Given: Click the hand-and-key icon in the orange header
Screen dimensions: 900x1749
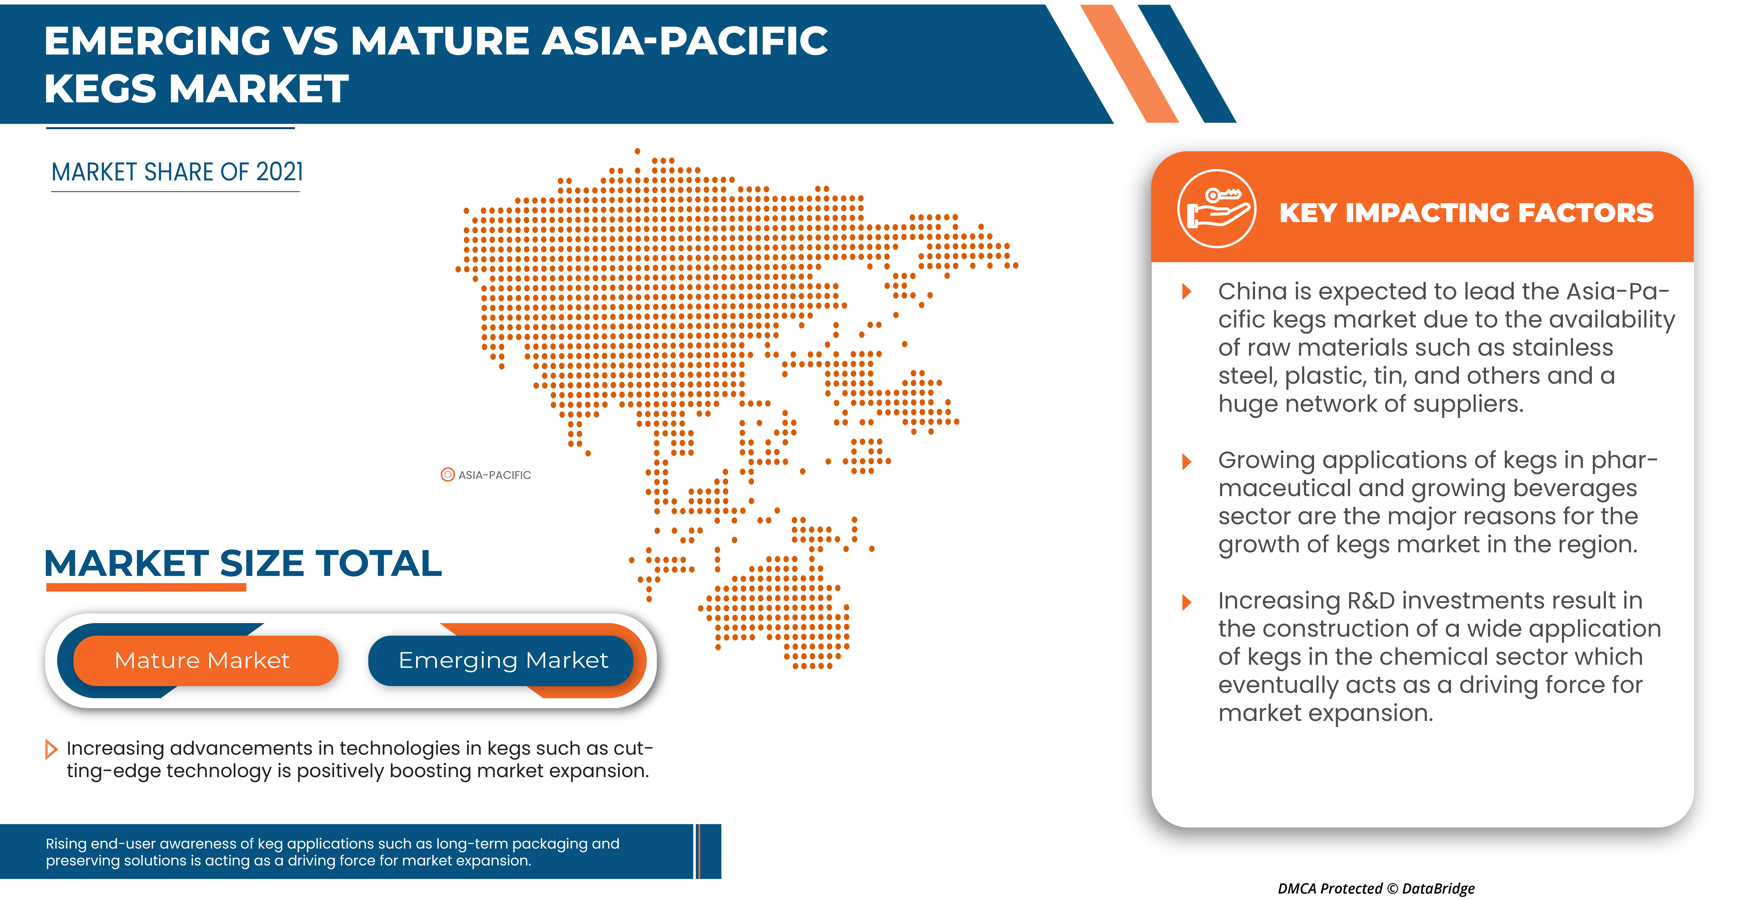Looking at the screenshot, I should (1216, 209).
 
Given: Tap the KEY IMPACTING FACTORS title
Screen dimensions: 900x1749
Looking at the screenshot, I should (1466, 213).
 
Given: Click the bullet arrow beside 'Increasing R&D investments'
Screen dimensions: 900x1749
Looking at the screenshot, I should (1187, 602).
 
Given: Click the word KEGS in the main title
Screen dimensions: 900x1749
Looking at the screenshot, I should (100, 89).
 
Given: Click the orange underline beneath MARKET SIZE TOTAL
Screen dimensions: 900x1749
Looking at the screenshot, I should (146, 588).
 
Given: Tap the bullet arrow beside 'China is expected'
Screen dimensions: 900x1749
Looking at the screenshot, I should (1187, 292).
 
